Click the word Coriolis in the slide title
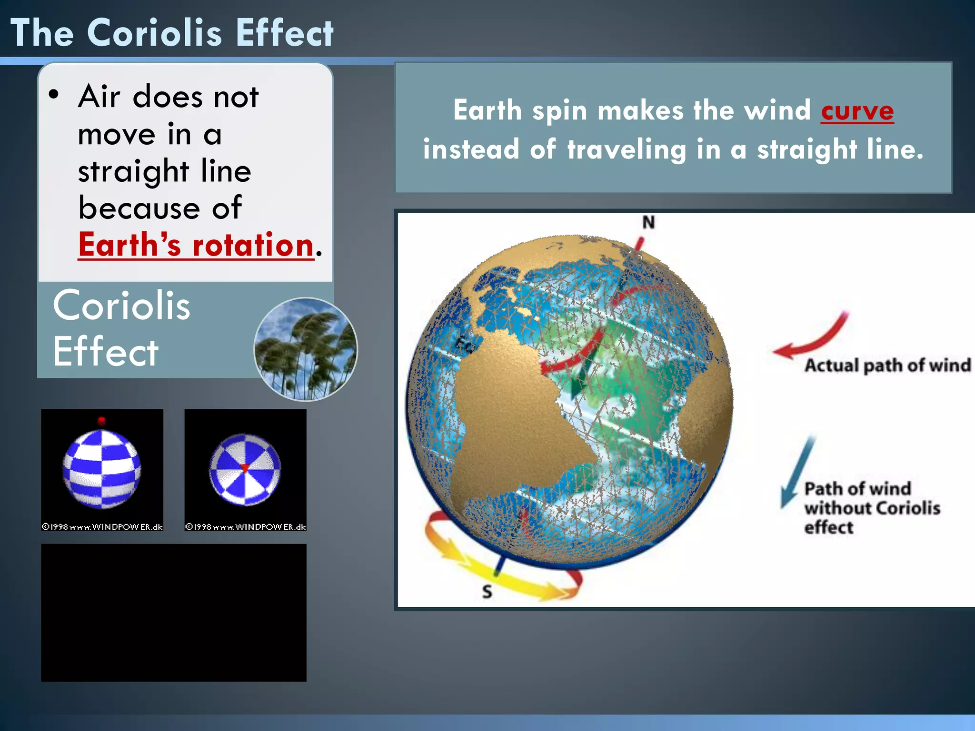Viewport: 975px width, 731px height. tap(154, 33)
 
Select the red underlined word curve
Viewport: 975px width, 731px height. tap(857, 111)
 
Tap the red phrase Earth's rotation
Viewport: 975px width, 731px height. tap(196, 245)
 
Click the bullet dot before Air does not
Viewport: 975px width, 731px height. tap(54, 94)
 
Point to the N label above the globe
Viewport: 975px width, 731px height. tap(648, 222)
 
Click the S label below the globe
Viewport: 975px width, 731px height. tap(487, 592)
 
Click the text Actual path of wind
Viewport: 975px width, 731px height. tap(887, 365)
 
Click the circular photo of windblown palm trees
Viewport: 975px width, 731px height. tap(306, 349)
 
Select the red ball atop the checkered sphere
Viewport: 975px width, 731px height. tap(101, 421)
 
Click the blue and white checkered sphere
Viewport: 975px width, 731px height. tap(102, 469)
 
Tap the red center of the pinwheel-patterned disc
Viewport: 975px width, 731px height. tap(245, 468)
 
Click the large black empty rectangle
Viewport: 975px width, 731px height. tap(173, 612)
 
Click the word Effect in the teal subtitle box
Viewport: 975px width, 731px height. tap(105, 352)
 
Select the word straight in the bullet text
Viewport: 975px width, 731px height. tap(133, 171)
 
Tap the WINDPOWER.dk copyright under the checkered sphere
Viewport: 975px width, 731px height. tap(102, 527)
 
